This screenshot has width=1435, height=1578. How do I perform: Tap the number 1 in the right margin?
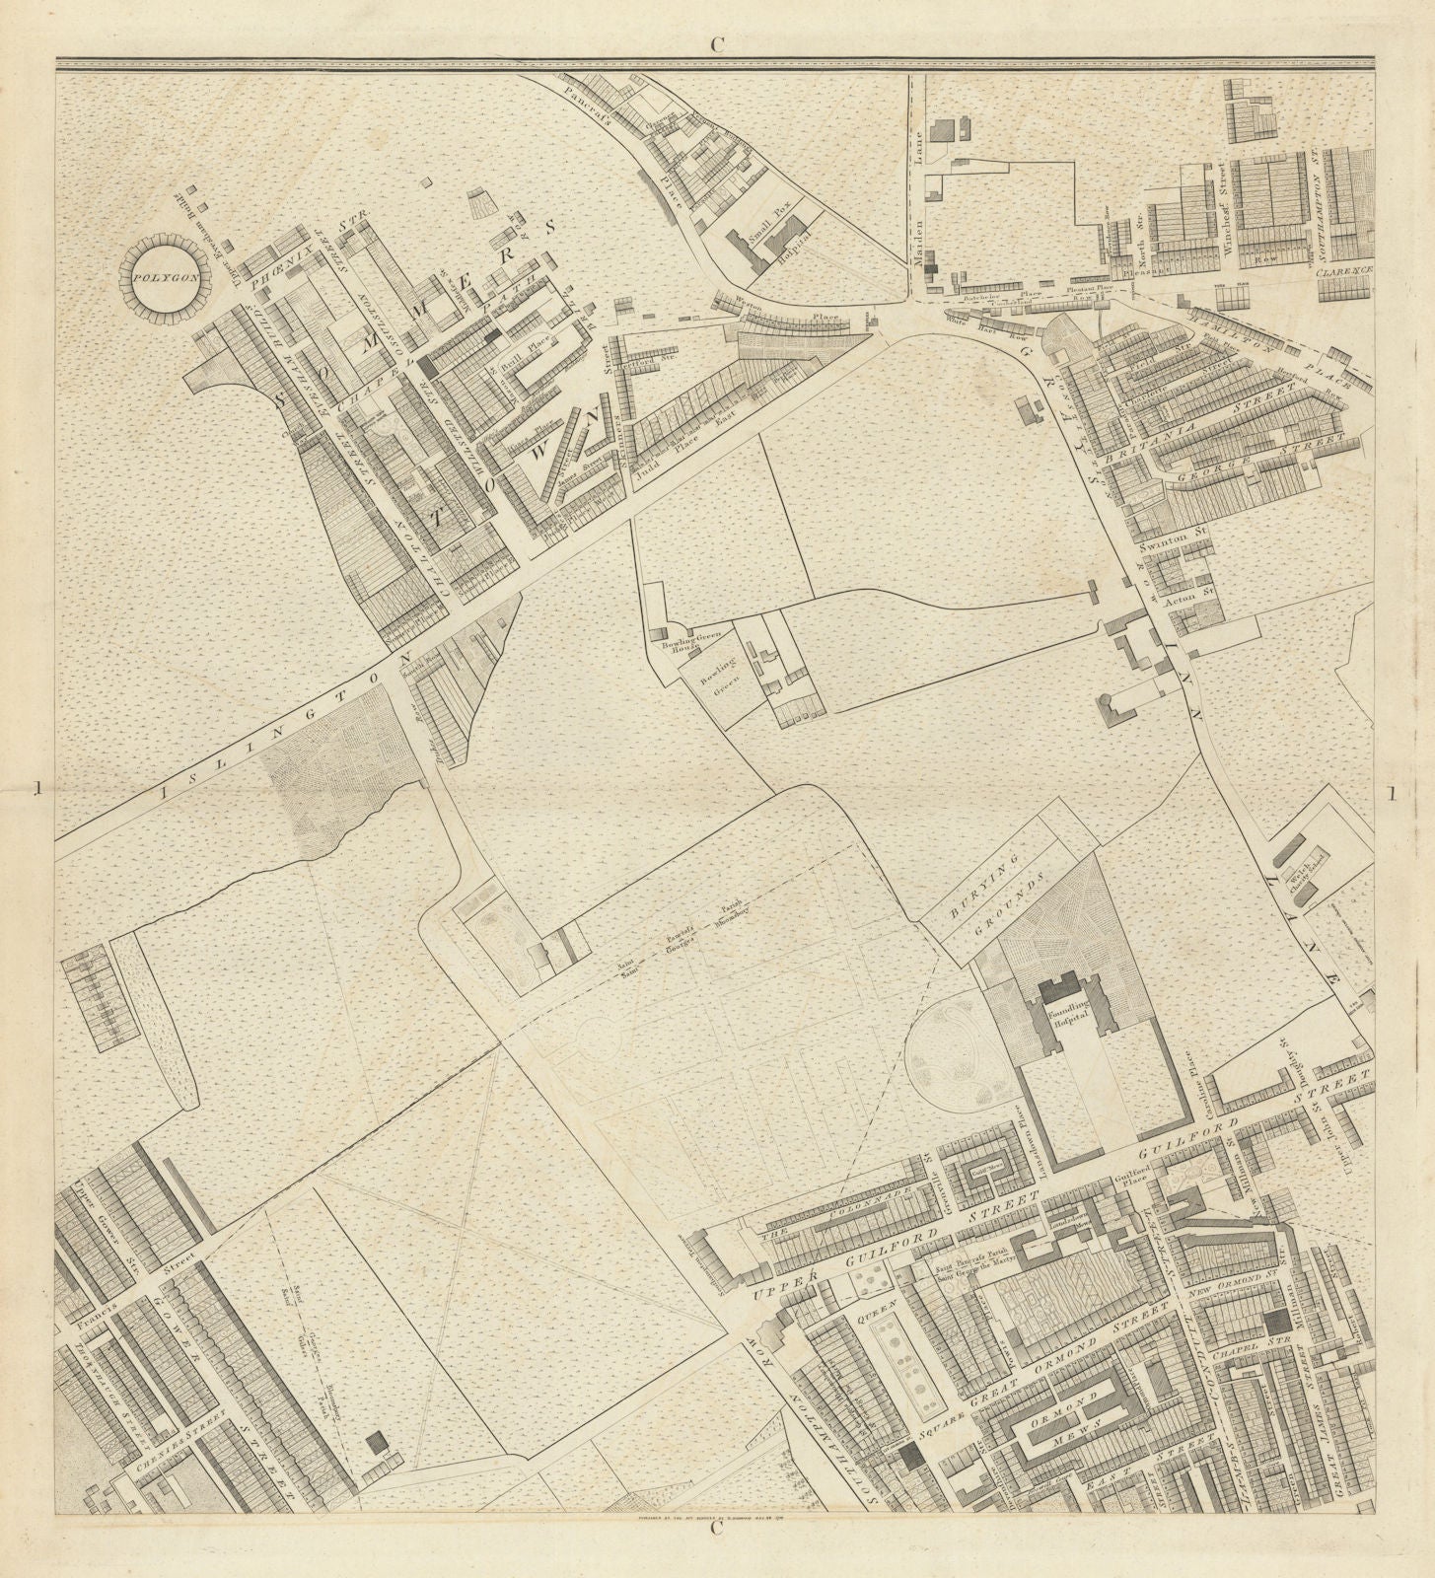point(1391,793)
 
